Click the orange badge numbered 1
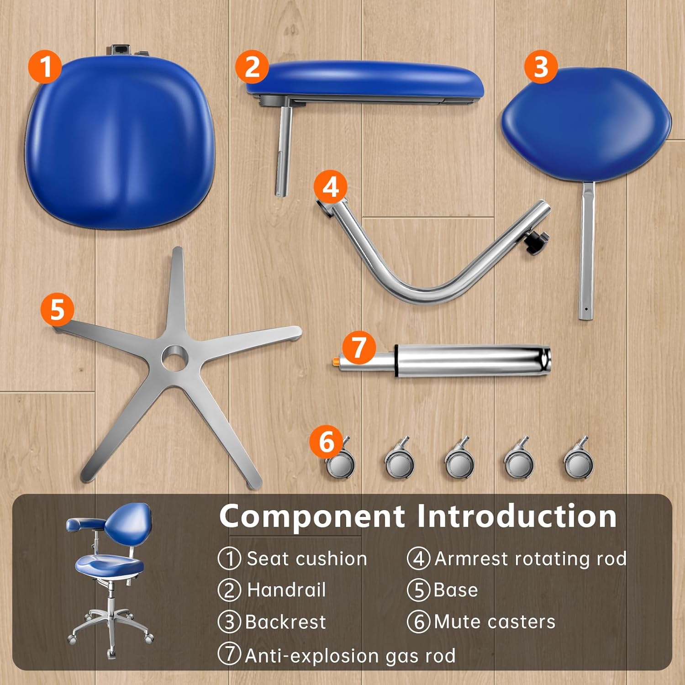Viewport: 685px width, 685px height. (45, 66)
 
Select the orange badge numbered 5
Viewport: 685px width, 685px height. (57, 309)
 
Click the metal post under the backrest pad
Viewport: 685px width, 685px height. (587, 251)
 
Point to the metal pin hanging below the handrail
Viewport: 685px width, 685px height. (284, 151)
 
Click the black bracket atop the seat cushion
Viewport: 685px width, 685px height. (120, 49)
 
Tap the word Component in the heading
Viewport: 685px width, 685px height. (312, 516)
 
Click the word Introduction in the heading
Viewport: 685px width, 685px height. (517, 516)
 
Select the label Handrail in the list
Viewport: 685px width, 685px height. (286, 590)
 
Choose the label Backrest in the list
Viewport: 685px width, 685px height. (285, 622)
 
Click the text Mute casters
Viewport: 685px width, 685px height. (495, 622)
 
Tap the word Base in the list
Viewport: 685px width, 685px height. (455, 590)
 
